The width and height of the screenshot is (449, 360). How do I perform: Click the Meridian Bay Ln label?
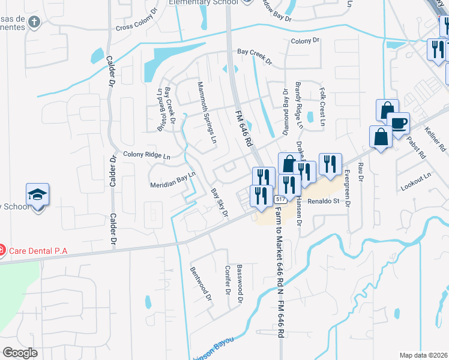pyautogui.click(x=172, y=181)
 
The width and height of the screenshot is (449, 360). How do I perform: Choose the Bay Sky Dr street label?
pyautogui.click(x=219, y=203)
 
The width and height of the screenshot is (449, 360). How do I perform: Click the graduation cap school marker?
pyautogui.click(x=37, y=195)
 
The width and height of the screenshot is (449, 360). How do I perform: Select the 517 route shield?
pyautogui.click(x=280, y=199)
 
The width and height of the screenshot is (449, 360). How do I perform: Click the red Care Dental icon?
pyautogui.click(x=2, y=249)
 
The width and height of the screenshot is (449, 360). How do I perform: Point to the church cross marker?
pyautogui.click(x=35, y=23)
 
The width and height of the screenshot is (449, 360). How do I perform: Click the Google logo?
pyautogui.click(x=20, y=352)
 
